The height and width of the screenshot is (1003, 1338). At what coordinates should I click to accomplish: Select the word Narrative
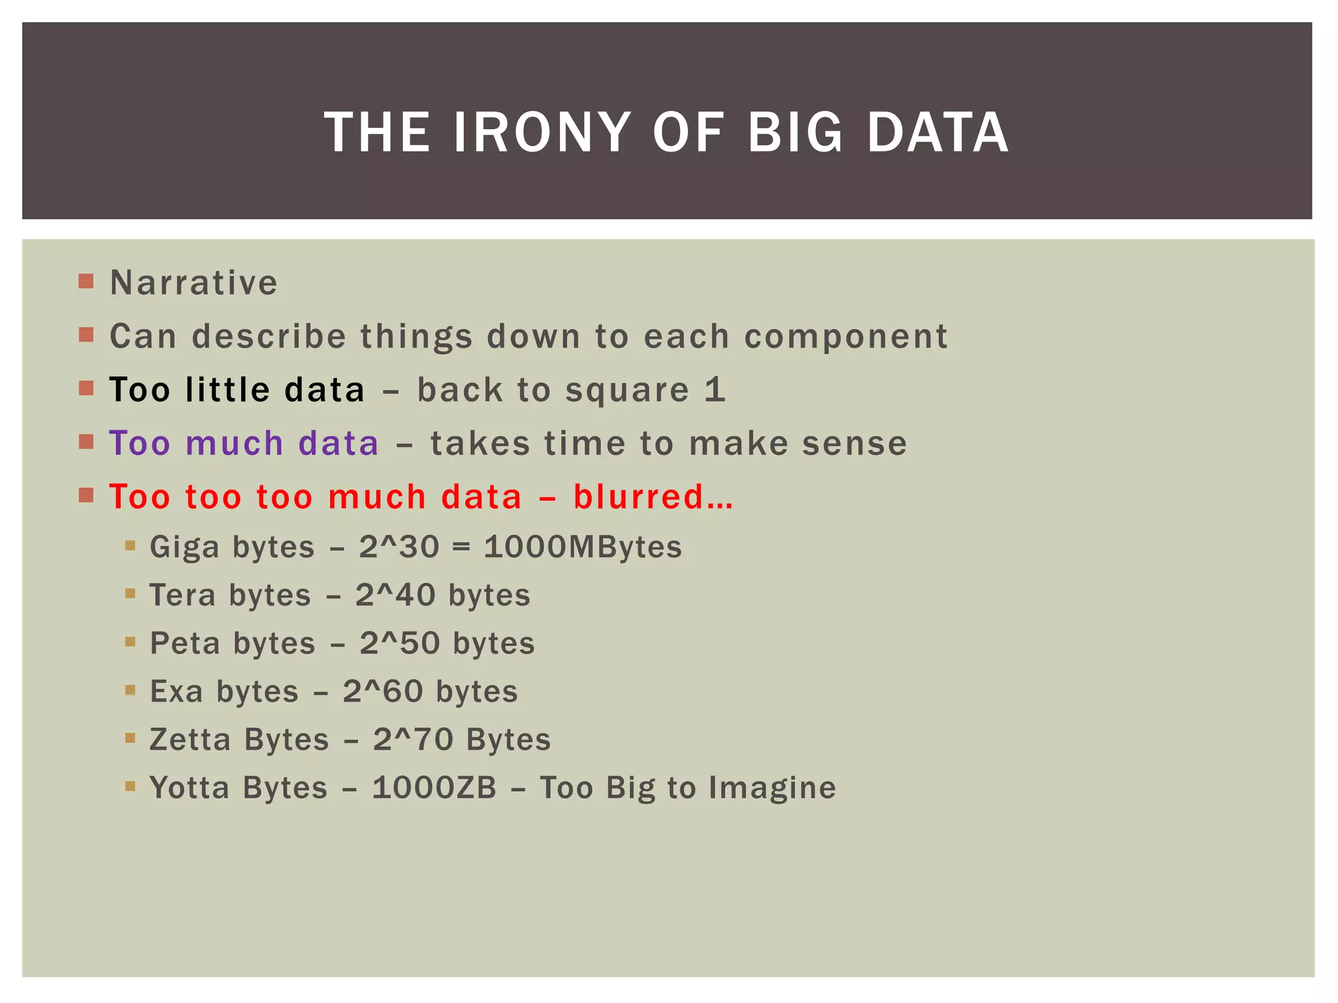[x=193, y=283]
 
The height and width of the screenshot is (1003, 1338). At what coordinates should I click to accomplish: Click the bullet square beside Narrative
[x=86, y=281]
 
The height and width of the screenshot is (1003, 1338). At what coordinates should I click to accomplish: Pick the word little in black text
[x=227, y=390]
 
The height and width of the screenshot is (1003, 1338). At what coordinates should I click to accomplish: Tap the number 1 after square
[x=715, y=390]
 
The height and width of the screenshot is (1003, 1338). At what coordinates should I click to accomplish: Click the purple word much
[x=234, y=443]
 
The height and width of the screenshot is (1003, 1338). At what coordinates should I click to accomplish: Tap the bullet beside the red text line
[x=86, y=495]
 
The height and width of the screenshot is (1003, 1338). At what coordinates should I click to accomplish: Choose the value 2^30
[x=399, y=547]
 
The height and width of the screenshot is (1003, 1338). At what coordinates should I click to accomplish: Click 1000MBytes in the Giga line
[x=583, y=547]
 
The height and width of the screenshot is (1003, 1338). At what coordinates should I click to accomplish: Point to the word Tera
[x=182, y=596]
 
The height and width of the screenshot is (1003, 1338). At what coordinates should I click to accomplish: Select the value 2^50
[x=399, y=643]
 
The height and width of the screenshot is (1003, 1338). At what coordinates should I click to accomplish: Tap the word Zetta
[x=190, y=740]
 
